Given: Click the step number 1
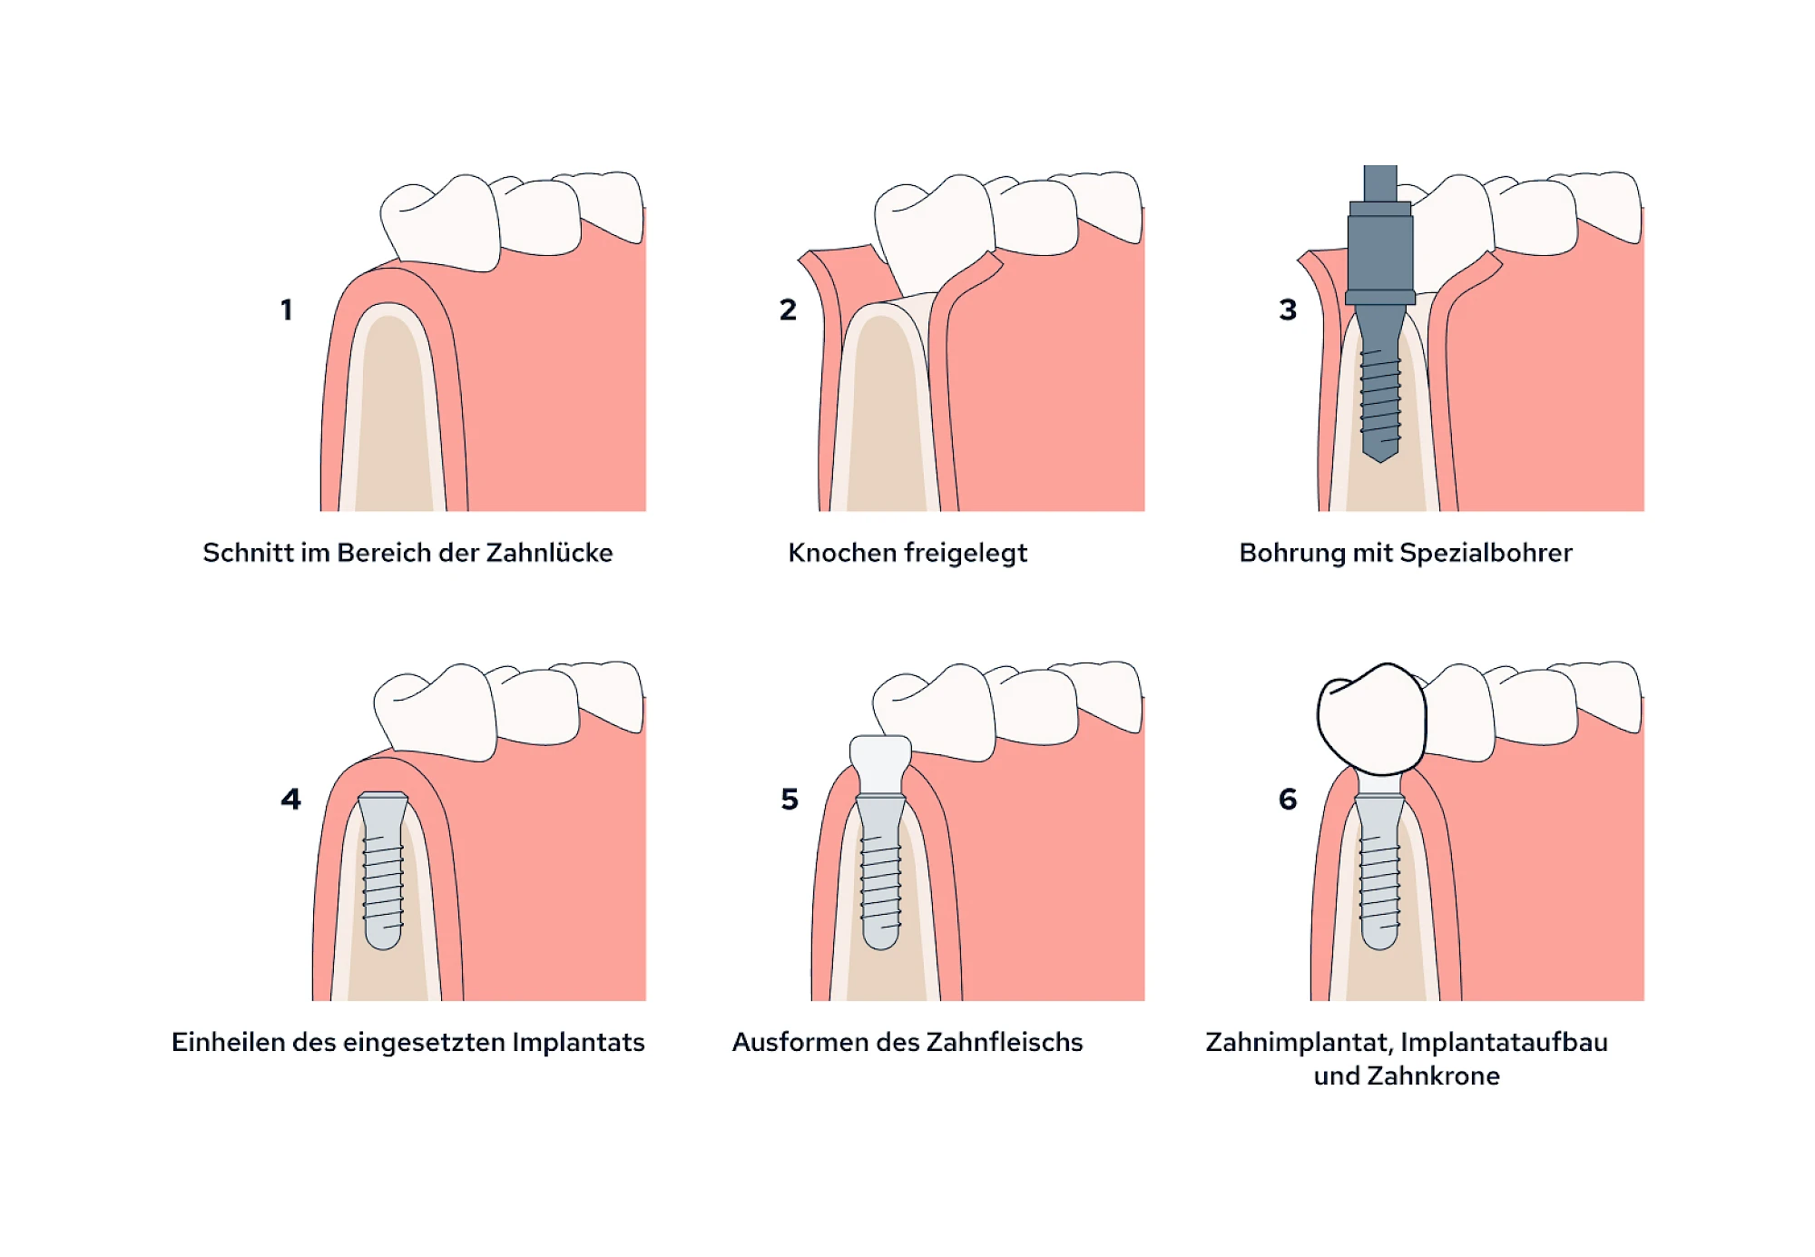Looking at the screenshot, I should click(x=287, y=309).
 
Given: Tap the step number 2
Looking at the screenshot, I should click(x=788, y=309).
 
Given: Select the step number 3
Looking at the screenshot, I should click(x=1288, y=309).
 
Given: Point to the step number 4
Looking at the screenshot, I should click(x=290, y=799).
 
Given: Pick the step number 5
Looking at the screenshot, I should click(x=790, y=799).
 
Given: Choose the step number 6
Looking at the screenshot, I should click(x=1288, y=799).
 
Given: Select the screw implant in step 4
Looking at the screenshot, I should click(x=383, y=871).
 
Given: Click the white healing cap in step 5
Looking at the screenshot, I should click(x=880, y=762).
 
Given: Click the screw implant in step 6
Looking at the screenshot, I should click(x=1379, y=871).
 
